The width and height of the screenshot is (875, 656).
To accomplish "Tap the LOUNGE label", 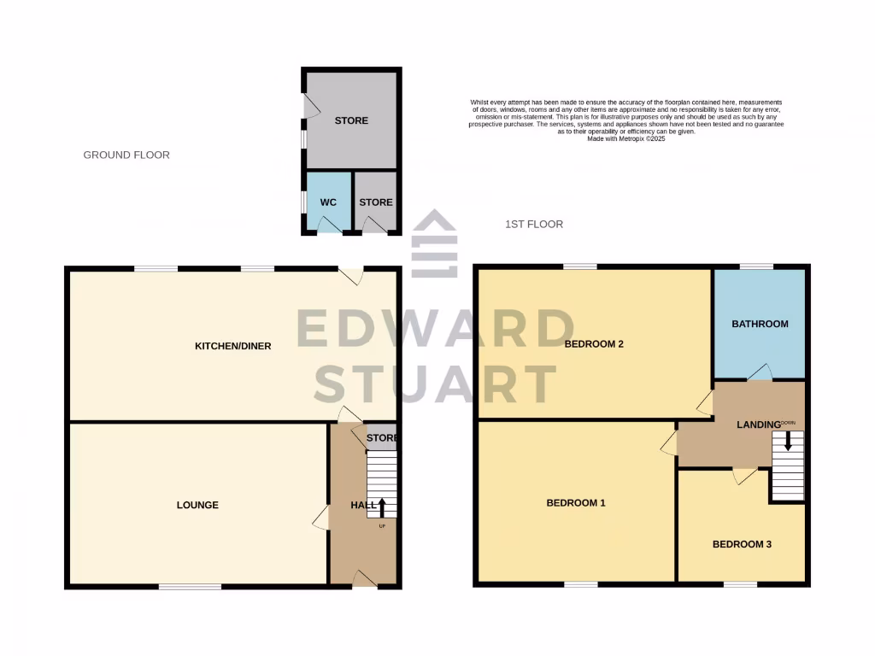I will click(197, 505).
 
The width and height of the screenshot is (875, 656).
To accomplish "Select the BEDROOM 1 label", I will click(576, 503).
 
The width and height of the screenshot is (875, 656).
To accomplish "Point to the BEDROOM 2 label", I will click(594, 344).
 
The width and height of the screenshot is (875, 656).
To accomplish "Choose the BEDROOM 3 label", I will click(742, 544).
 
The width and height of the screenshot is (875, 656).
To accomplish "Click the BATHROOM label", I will click(760, 324).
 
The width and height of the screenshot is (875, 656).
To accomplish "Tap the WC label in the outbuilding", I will click(328, 202).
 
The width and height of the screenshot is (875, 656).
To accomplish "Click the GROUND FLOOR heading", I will click(126, 155).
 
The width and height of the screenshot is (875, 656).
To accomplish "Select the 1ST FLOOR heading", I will click(533, 224).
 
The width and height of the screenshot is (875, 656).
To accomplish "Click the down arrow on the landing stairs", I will click(788, 441).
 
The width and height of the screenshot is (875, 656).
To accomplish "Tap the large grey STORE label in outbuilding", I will click(351, 120).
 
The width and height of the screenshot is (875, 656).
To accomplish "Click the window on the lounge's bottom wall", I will click(190, 586).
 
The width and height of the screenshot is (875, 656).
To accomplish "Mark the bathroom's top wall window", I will click(756, 266).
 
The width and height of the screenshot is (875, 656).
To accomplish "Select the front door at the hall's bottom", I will click(365, 580).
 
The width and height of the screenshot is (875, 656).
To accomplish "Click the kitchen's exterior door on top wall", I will click(351, 274).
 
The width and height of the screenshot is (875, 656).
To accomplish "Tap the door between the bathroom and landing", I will click(760, 372).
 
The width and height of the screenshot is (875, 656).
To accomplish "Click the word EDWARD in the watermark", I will click(435, 329).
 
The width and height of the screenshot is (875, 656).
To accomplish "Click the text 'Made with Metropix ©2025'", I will click(626, 138).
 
